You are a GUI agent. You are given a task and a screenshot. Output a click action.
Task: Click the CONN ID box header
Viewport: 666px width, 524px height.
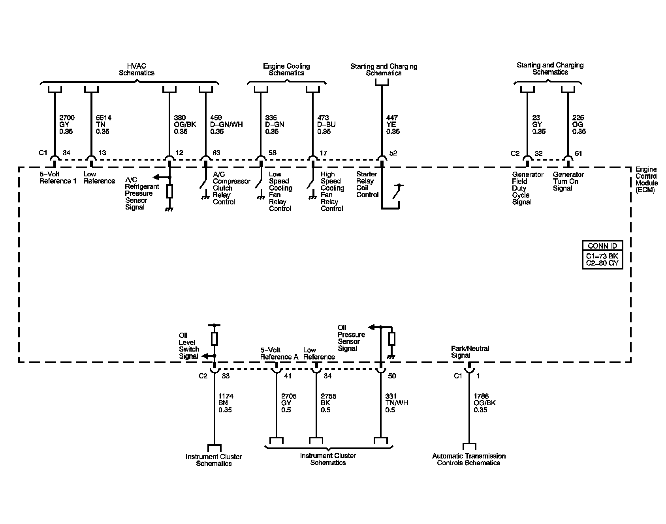pyautogui.click(x=602, y=245)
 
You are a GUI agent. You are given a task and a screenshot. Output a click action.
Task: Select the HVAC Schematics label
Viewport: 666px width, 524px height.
pyautogui.click(x=136, y=69)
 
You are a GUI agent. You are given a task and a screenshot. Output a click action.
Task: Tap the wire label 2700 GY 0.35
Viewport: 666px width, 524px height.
pyautogui.click(x=66, y=124)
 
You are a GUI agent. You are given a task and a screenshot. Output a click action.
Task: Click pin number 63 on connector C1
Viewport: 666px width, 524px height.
pyautogui.click(x=216, y=153)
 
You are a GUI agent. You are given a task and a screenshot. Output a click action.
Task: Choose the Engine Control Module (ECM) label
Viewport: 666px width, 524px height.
pyautogui.click(x=646, y=180)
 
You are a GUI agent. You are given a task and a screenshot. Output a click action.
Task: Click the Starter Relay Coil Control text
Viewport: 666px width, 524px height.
pyautogui.click(x=367, y=184)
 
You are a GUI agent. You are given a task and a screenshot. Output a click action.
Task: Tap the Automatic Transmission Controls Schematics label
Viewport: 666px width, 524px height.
pyautogui.click(x=468, y=459)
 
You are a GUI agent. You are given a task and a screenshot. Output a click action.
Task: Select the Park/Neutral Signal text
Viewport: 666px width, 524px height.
pyautogui.click(x=470, y=352)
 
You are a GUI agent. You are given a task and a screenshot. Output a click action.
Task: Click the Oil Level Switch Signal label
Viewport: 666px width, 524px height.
pyautogui.click(x=189, y=346)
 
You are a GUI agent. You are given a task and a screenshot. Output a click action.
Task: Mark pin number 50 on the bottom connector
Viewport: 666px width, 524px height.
pyautogui.click(x=391, y=376)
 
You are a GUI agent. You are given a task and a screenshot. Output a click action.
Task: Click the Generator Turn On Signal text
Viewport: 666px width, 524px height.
pyautogui.click(x=568, y=181)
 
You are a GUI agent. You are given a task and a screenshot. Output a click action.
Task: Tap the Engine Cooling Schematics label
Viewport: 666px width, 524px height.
pyautogui.click(x=286, y=69)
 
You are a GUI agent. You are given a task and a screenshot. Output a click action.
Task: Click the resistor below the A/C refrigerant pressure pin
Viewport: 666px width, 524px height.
pyautogui.click(x=169, y=191)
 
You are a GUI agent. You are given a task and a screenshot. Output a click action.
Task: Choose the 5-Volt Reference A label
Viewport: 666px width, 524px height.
pyautogui.click(x=279, y=353)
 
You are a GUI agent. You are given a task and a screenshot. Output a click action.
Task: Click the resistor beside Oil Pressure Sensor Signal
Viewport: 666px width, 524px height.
pyautogui.click(x=391, y=339)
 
